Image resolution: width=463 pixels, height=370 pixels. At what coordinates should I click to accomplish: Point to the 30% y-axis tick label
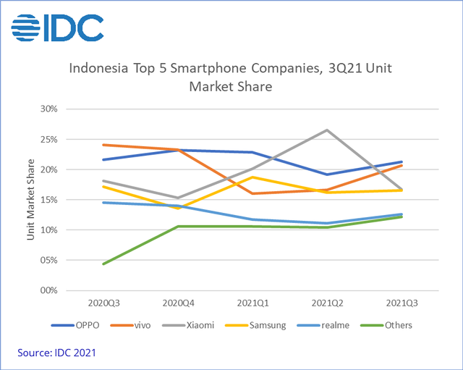pos(48,109)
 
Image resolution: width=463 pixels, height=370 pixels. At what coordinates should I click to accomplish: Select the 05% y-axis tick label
pos(48,260)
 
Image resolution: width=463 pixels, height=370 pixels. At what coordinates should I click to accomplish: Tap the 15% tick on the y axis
pos(48,200)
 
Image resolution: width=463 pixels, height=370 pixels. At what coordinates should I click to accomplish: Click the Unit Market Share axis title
pos(31,200)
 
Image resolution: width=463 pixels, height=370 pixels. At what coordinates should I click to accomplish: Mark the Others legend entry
pos(393,325)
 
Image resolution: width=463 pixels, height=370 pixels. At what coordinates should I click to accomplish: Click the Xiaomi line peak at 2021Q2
pos(327,130)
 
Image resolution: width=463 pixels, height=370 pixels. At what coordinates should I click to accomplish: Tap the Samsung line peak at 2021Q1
pos(252,177)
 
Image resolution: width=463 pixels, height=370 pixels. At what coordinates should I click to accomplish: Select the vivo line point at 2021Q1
pos(252,193)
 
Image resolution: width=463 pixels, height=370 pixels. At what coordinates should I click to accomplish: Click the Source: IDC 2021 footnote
pos(58,352)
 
